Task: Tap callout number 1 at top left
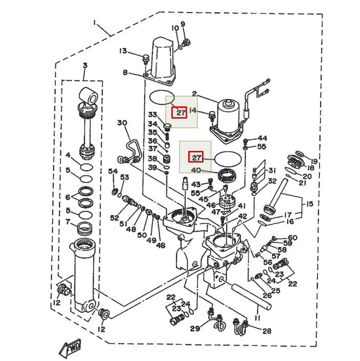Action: coord(95,22)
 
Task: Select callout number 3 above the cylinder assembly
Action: coord(85,65)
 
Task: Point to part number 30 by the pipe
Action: coord(121,123)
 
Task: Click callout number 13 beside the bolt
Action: coord(123,51)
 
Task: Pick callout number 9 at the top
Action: coord(183,24)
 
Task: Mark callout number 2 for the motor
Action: coord(194,94)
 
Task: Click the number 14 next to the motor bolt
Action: coord(193,110)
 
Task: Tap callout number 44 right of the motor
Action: coord(262,138)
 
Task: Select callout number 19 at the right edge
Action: coord(313,161)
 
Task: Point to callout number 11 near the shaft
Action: coord(257,318)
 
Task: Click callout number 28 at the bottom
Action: coord(266,331)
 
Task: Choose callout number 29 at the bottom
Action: coord(194,328)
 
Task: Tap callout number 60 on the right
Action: coord(292,237)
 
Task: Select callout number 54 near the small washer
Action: coord(112,171)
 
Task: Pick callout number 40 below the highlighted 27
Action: coord(196,170)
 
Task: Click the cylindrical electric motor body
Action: coord(229,115)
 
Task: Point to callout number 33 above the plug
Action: coord(152,114)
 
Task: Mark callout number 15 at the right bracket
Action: coord(309,205)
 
